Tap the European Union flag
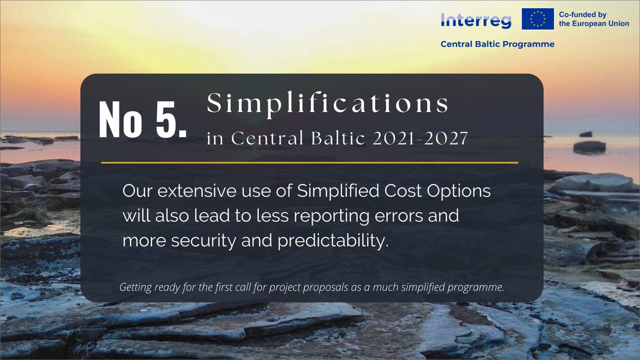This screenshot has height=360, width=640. (537, 19)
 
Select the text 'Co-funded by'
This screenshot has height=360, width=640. (582, 14)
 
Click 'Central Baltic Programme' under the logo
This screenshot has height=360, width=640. (497, 44)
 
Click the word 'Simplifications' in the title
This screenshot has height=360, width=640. (328, 103)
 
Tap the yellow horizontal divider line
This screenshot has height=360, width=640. (309, 162)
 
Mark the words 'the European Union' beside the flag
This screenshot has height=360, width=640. (593, 25)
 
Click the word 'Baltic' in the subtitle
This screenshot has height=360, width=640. (323, 139)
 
